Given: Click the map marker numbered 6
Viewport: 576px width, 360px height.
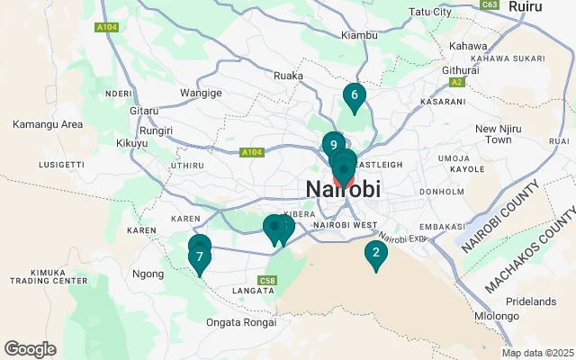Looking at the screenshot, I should [x=355, y=96].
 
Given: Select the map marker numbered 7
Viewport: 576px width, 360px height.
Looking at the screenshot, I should [x=199, y=257].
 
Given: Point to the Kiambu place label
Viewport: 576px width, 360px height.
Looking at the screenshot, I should [x=361, y=35].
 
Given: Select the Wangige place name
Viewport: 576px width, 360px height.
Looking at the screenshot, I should [x=201, y=92].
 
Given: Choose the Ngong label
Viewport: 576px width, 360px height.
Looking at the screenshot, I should [x=148, y=274].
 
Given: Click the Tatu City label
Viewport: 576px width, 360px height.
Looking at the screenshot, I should [x=430, y=12].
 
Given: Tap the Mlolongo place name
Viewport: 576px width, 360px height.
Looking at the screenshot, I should [x=498, y=316].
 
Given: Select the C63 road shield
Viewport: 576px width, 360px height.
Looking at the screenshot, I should [x=490, y=4].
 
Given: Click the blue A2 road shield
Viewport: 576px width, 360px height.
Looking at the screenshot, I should [x=456, y=82].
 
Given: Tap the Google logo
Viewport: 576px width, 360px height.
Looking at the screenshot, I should [x=30, y=349].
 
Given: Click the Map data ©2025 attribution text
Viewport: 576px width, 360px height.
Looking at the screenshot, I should [x=537, y=353].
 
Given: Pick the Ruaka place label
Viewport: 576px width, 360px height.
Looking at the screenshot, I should [x=288, y=76].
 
